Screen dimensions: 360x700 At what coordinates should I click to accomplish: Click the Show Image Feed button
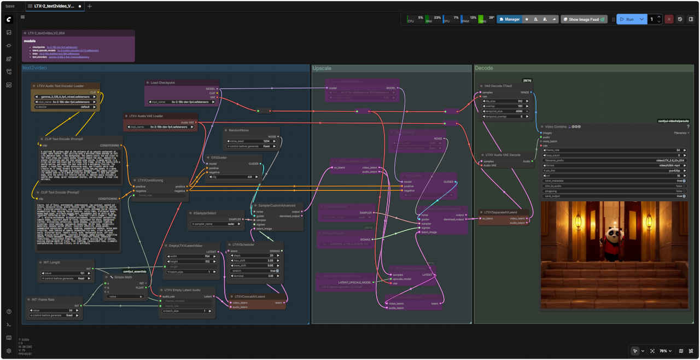point(584,19)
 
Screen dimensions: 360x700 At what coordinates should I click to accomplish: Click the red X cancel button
point(669,19)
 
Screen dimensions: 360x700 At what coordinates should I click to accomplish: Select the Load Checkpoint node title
point(163,83)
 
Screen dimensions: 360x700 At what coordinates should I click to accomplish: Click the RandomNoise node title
point(237,130)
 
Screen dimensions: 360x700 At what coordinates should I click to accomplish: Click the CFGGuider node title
point(217,157)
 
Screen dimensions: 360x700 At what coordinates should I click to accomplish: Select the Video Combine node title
point(557,126)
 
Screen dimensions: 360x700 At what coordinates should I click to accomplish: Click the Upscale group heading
point(322,68)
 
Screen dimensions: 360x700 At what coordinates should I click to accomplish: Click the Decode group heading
point(484,68)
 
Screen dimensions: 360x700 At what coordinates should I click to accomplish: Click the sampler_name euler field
point(216,224)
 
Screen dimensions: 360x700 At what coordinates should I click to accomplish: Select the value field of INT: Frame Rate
point(55,310)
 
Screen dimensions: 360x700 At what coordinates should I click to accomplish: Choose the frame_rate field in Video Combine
point(613,150)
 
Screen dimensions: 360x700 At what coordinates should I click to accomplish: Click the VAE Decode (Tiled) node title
point(498,86)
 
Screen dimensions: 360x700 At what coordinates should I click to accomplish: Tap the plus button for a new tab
point(90,6)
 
